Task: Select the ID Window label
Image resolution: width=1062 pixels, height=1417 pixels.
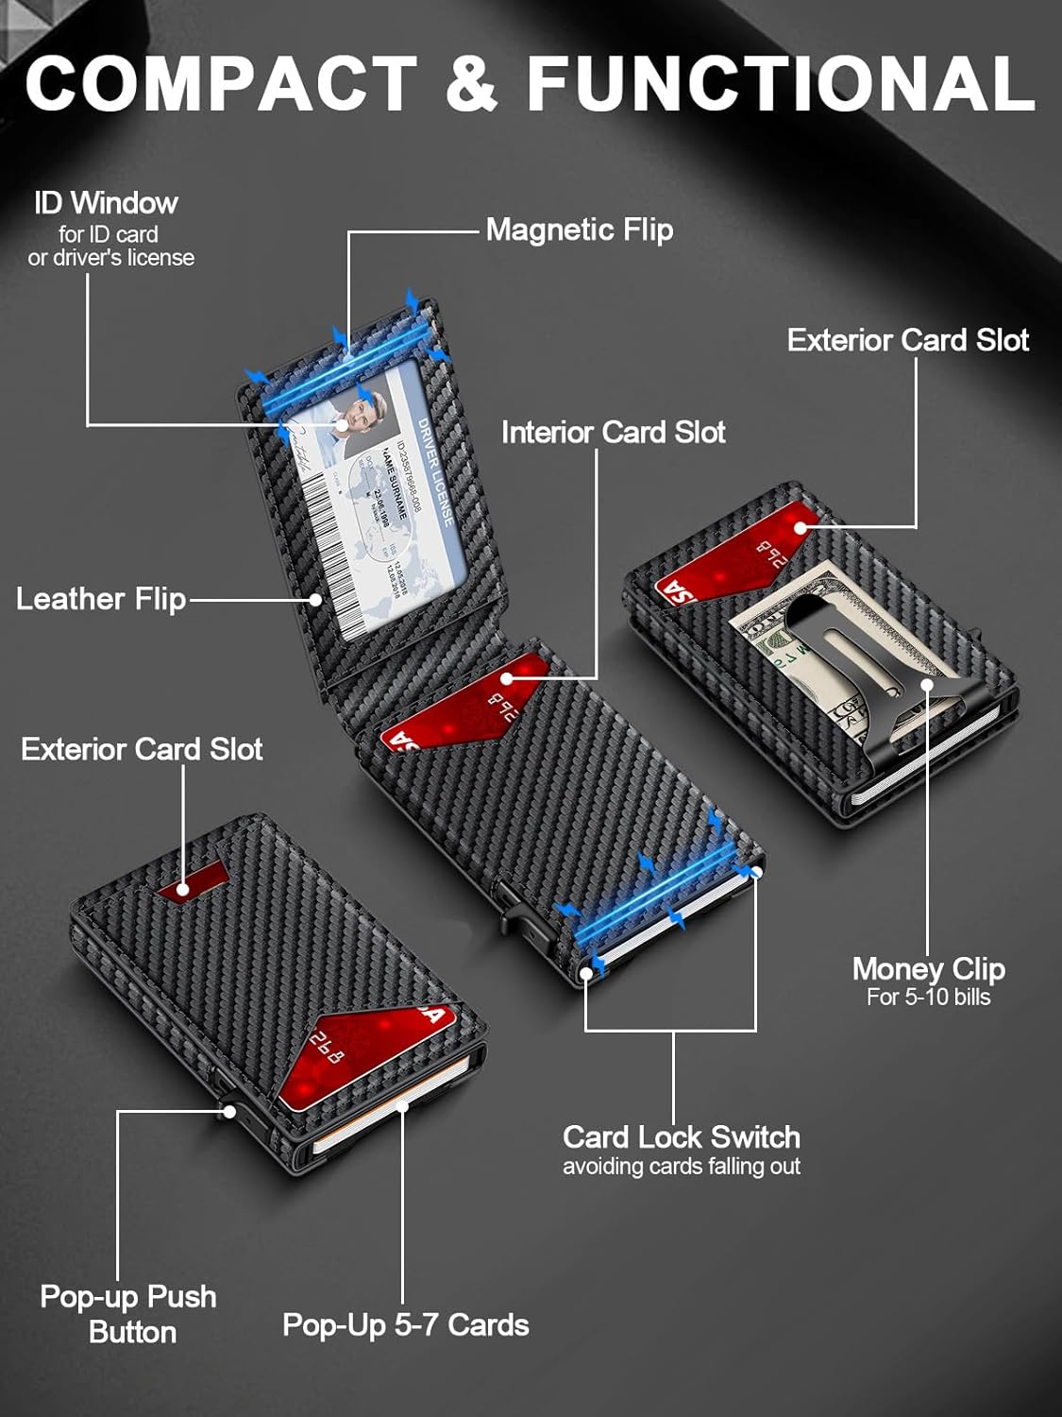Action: click(x=106, y=203)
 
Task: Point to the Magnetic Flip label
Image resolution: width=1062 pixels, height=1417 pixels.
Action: click(x=579, y=230)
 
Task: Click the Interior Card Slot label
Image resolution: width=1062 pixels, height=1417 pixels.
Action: click(x=613, y=433)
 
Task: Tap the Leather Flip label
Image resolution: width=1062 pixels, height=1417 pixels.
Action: click(x=101, y=599)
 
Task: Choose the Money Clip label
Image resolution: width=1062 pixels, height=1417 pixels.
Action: click(x=928, y=969)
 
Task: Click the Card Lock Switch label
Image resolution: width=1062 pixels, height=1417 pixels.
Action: click(x=681, y=1136)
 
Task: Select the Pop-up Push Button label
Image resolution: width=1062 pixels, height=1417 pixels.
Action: click(x=129, y=1314)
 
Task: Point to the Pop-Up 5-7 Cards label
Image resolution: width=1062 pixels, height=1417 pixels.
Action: click(x=405, y=1325)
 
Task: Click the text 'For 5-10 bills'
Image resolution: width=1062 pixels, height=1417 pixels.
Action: click(x=928, y=998)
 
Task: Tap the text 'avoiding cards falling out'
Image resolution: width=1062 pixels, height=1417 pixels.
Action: click(x=681, y=1167)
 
